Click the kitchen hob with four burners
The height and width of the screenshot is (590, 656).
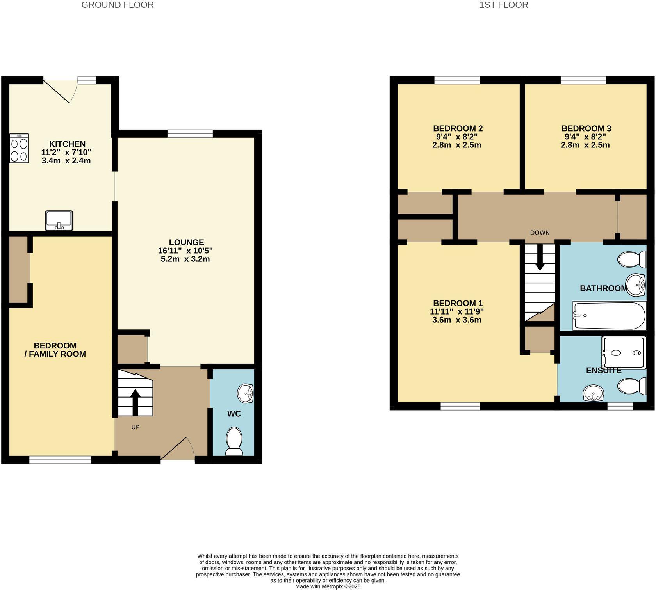[19, 148]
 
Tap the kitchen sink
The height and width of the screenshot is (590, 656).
[59, 220]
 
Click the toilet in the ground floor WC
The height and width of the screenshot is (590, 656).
[234, 441]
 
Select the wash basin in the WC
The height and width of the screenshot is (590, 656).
[246, 393]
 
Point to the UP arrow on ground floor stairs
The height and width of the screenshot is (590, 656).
[135, 402]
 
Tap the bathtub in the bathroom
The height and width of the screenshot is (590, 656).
[609, 316]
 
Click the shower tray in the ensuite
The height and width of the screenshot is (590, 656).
[623, 352]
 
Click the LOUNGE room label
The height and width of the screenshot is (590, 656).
[186, 242]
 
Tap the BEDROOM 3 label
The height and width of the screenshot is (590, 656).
[586, 128]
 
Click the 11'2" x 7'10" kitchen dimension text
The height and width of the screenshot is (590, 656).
[66, 153]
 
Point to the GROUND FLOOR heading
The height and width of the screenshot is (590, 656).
[117, 5]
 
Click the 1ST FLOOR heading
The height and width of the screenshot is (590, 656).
[504, 5]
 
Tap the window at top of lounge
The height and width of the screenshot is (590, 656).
[190, 134]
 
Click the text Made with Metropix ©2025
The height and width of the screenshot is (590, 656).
[328, 586]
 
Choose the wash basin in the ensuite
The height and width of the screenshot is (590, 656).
[594, 392]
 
